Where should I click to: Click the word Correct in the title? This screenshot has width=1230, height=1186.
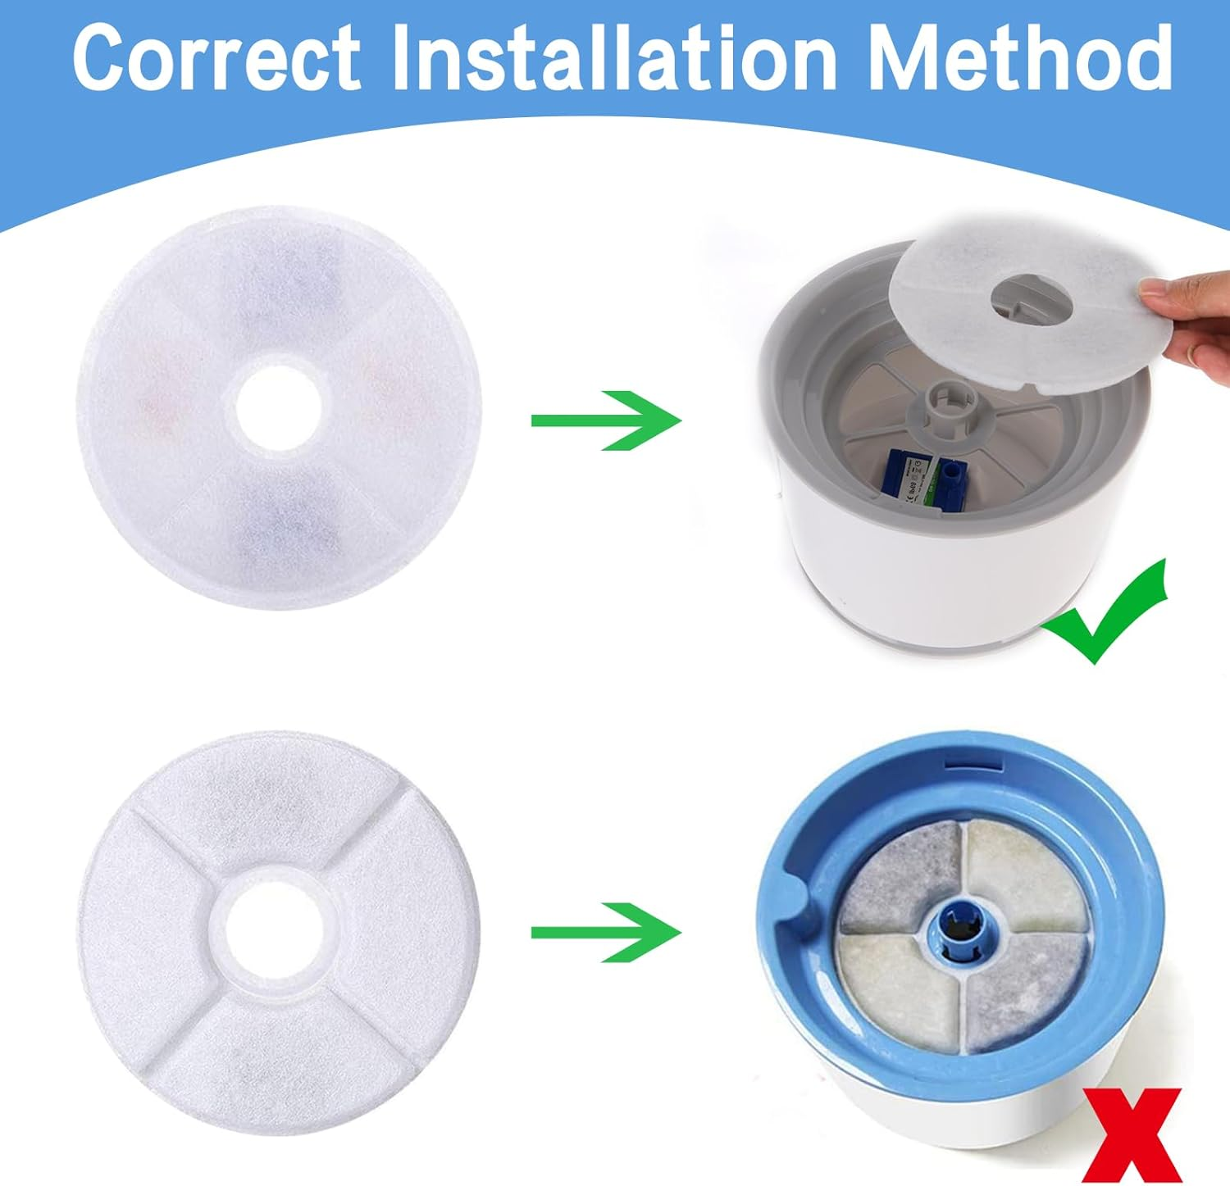pos(216,57)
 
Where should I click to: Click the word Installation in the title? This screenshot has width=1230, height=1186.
pos(612,57)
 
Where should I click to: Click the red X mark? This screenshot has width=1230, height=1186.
pos(1135,1135)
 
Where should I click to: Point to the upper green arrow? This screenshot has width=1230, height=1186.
pos(607,420)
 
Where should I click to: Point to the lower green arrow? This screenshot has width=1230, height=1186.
pos(607,932)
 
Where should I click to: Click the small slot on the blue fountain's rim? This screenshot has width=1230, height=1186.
pos(974,766)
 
